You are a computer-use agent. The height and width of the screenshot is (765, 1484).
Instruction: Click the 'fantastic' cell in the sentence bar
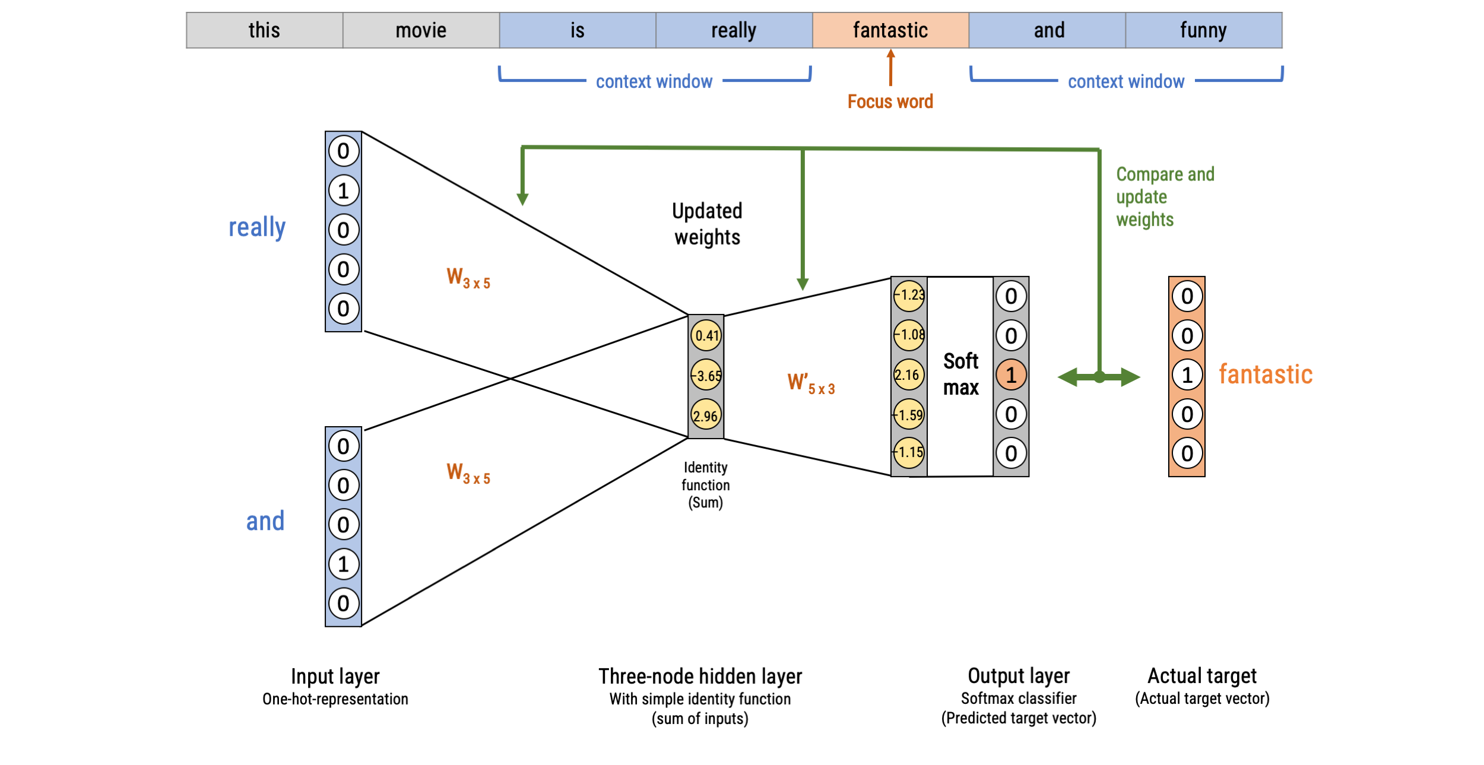click(890, 30)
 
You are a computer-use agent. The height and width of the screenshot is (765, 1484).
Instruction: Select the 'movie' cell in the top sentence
click(421, 30)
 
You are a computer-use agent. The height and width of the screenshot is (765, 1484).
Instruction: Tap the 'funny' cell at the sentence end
click(1203, 30)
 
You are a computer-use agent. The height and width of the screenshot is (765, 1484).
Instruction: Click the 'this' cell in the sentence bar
click(264, 30)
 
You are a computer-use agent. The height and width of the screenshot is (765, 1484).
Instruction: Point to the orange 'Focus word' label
click(890, 101)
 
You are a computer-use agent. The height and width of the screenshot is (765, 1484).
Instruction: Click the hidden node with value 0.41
click(706, 335)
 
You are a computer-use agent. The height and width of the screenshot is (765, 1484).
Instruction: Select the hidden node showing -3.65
click(706, 376)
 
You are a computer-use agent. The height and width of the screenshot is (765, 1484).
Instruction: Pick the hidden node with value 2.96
click(706, 415)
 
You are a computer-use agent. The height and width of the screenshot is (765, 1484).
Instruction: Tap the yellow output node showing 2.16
click(909, 375)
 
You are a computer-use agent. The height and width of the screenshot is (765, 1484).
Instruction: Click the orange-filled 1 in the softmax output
click(1011, 375)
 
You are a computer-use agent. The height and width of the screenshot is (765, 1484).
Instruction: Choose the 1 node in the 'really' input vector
click(344, 191)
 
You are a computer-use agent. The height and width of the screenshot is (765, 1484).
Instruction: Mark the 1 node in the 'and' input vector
click(344, 564)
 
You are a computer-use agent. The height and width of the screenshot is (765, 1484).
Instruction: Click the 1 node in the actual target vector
click(1187, 375)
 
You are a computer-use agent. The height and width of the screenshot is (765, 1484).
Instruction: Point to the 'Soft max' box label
click(960, 374)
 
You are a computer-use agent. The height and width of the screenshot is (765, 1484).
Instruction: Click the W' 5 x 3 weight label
click(811, 383)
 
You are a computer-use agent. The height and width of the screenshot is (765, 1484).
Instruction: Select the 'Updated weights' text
click(707, 224)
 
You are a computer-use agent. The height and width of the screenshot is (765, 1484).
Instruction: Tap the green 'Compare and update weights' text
click(1165, 196)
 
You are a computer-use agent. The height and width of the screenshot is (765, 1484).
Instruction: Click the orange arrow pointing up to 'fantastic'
click(890, 68)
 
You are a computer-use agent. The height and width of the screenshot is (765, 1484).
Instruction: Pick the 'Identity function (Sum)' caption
click(705, 485)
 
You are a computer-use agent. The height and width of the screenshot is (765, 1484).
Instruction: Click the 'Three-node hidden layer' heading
click(700, 676)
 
